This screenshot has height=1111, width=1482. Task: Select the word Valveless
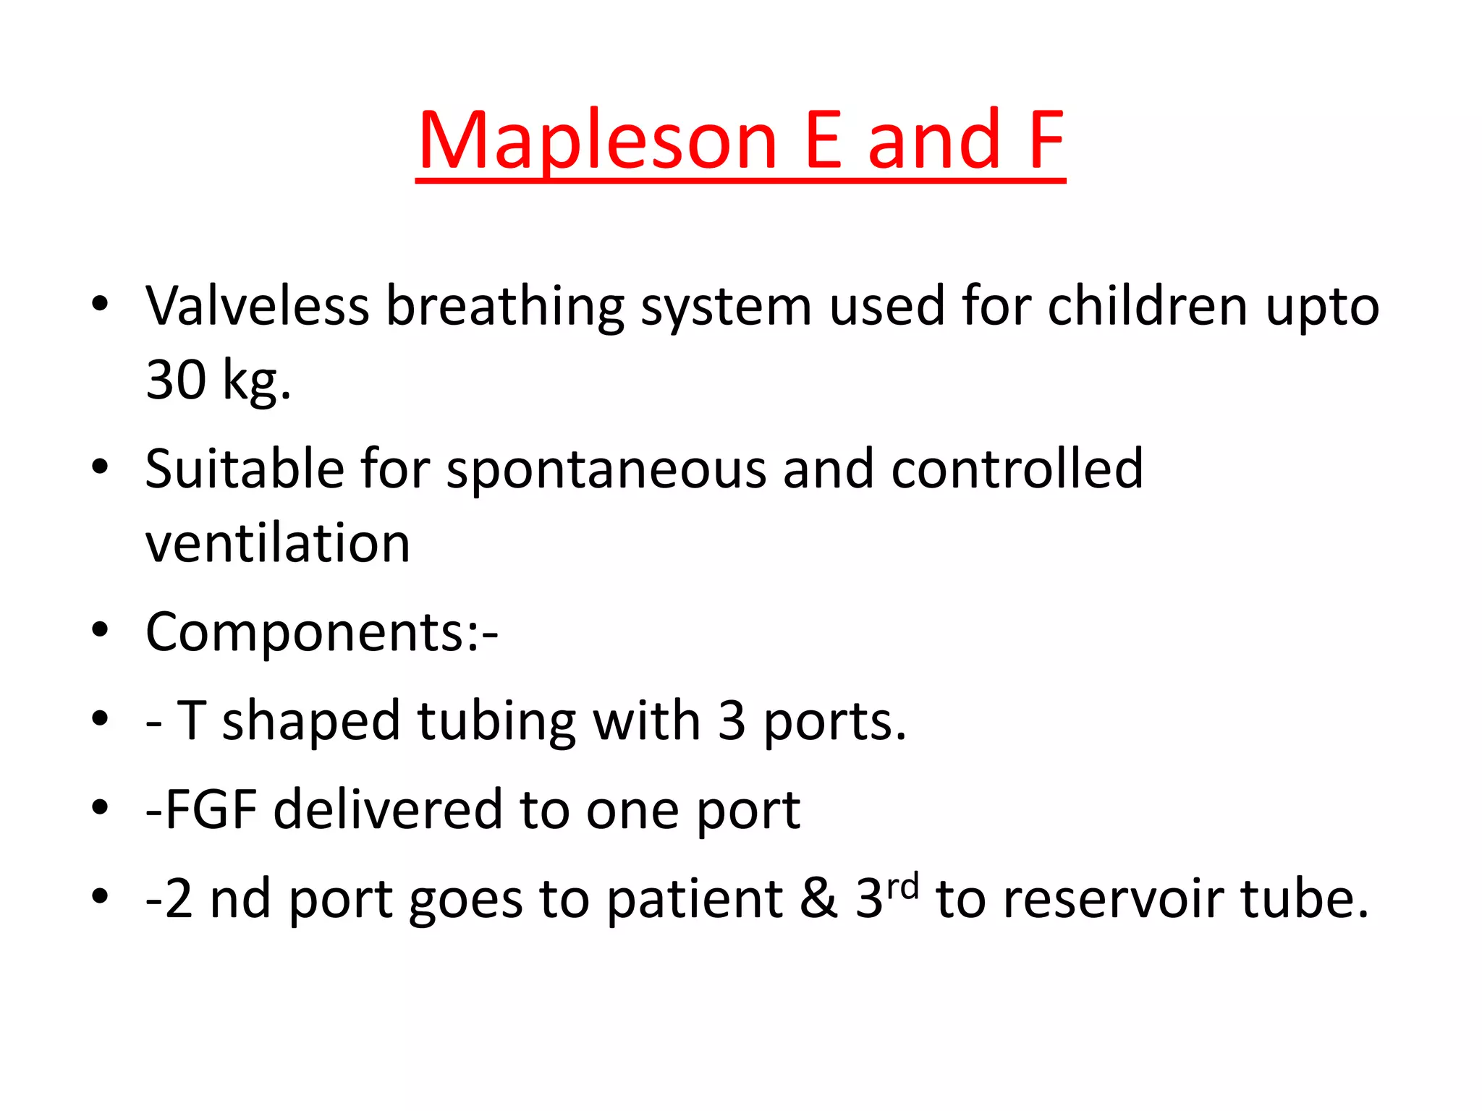[258, 306]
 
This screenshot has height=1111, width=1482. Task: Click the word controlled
[1017, 469]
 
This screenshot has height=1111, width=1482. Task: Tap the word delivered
[388, 809]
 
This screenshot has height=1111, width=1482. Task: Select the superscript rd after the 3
[902, 886]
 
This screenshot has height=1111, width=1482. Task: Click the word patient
[695, 899]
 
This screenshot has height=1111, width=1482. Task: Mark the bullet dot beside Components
[100, 631]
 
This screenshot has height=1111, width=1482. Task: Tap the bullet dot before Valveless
[100, 305]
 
